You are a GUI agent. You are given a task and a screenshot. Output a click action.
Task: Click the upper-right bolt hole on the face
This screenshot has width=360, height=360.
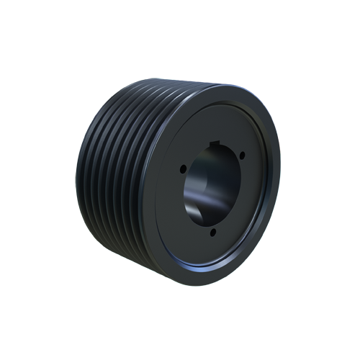(243, 155)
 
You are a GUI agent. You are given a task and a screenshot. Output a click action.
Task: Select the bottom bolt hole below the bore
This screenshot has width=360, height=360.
(215, 233)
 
